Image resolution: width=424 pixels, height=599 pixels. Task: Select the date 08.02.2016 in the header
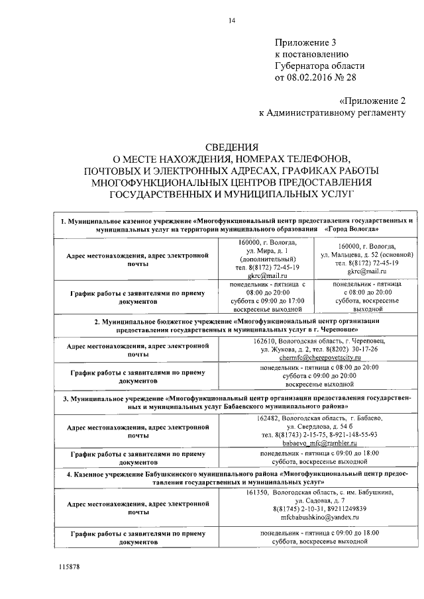coord(311,77)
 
